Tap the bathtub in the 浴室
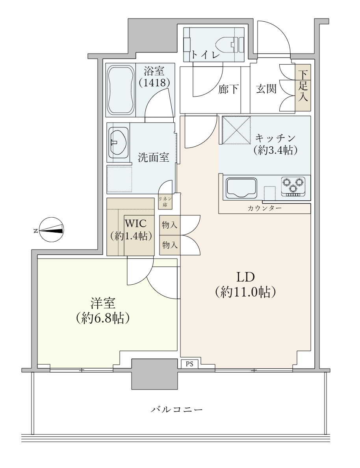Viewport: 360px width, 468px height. pos(121,90)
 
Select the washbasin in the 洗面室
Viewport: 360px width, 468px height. pos(118,142)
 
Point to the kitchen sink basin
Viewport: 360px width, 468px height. pos(241,188)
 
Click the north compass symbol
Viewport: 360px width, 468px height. pos(51,230)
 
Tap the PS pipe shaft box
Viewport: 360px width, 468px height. pos(189,364)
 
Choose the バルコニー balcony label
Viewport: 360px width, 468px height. pos(176,409)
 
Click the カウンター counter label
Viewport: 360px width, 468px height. pos(264,208)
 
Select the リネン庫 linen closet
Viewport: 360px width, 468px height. pos(165,202)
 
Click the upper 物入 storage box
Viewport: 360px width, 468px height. pos(170,225)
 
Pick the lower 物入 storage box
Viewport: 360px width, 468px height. pos(170,245)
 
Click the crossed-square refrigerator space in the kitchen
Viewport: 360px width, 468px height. pos(236,130)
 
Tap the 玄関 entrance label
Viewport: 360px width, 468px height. pos(266,89)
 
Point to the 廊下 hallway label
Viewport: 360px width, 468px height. pos(228,89)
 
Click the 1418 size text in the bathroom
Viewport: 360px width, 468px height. pos(154,82)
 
